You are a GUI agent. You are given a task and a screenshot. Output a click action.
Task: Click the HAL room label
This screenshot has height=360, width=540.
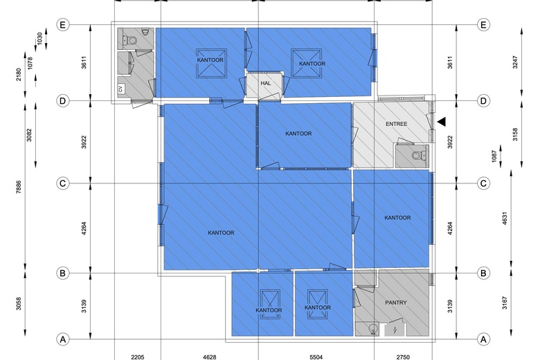click(x=265, y=83)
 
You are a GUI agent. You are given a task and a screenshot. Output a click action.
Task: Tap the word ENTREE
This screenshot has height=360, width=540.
click(x=397, y=124)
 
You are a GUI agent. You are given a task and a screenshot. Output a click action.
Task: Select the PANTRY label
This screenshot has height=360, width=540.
click(x=395, y=303)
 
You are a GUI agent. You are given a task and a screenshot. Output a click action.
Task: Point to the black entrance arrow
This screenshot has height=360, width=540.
click(x=442, y=122)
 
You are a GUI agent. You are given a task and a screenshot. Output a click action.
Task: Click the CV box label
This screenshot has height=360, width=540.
click(x=120, y=89)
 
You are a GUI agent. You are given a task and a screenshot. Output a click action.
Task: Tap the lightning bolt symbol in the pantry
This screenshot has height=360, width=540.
click(x=395, y=330)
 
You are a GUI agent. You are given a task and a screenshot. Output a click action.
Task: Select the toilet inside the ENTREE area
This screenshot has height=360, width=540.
click(x=416, y=156)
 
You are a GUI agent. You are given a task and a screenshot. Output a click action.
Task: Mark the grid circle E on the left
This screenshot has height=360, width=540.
click(x=63, y=26)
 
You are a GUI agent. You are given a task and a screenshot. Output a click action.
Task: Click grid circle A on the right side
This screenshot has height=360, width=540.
click(x=483, y=339)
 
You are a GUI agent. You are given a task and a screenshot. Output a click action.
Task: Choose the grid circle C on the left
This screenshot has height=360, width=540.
click(x=63, y=183)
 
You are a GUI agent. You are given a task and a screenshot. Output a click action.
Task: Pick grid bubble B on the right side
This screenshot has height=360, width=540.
click(x=483, y=273)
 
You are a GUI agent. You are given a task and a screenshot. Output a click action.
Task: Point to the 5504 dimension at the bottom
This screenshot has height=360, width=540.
click(x=316, y=356)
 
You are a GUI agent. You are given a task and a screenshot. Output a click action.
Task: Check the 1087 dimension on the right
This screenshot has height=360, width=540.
click(x=492, y=157)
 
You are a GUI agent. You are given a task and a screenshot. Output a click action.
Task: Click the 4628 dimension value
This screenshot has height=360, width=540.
click(x=209, y=356)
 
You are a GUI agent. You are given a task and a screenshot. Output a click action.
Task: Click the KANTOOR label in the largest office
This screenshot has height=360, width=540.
click(x=221, y=233)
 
